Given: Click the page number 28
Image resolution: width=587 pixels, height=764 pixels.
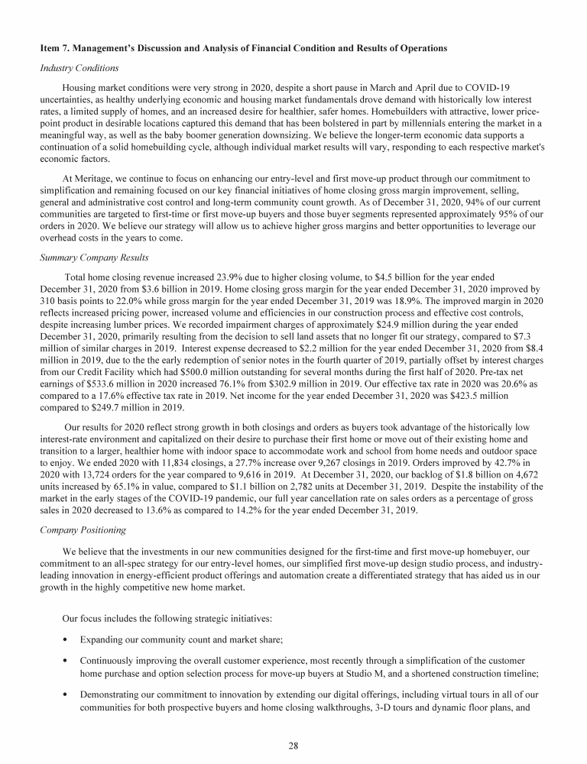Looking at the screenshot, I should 293,746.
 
